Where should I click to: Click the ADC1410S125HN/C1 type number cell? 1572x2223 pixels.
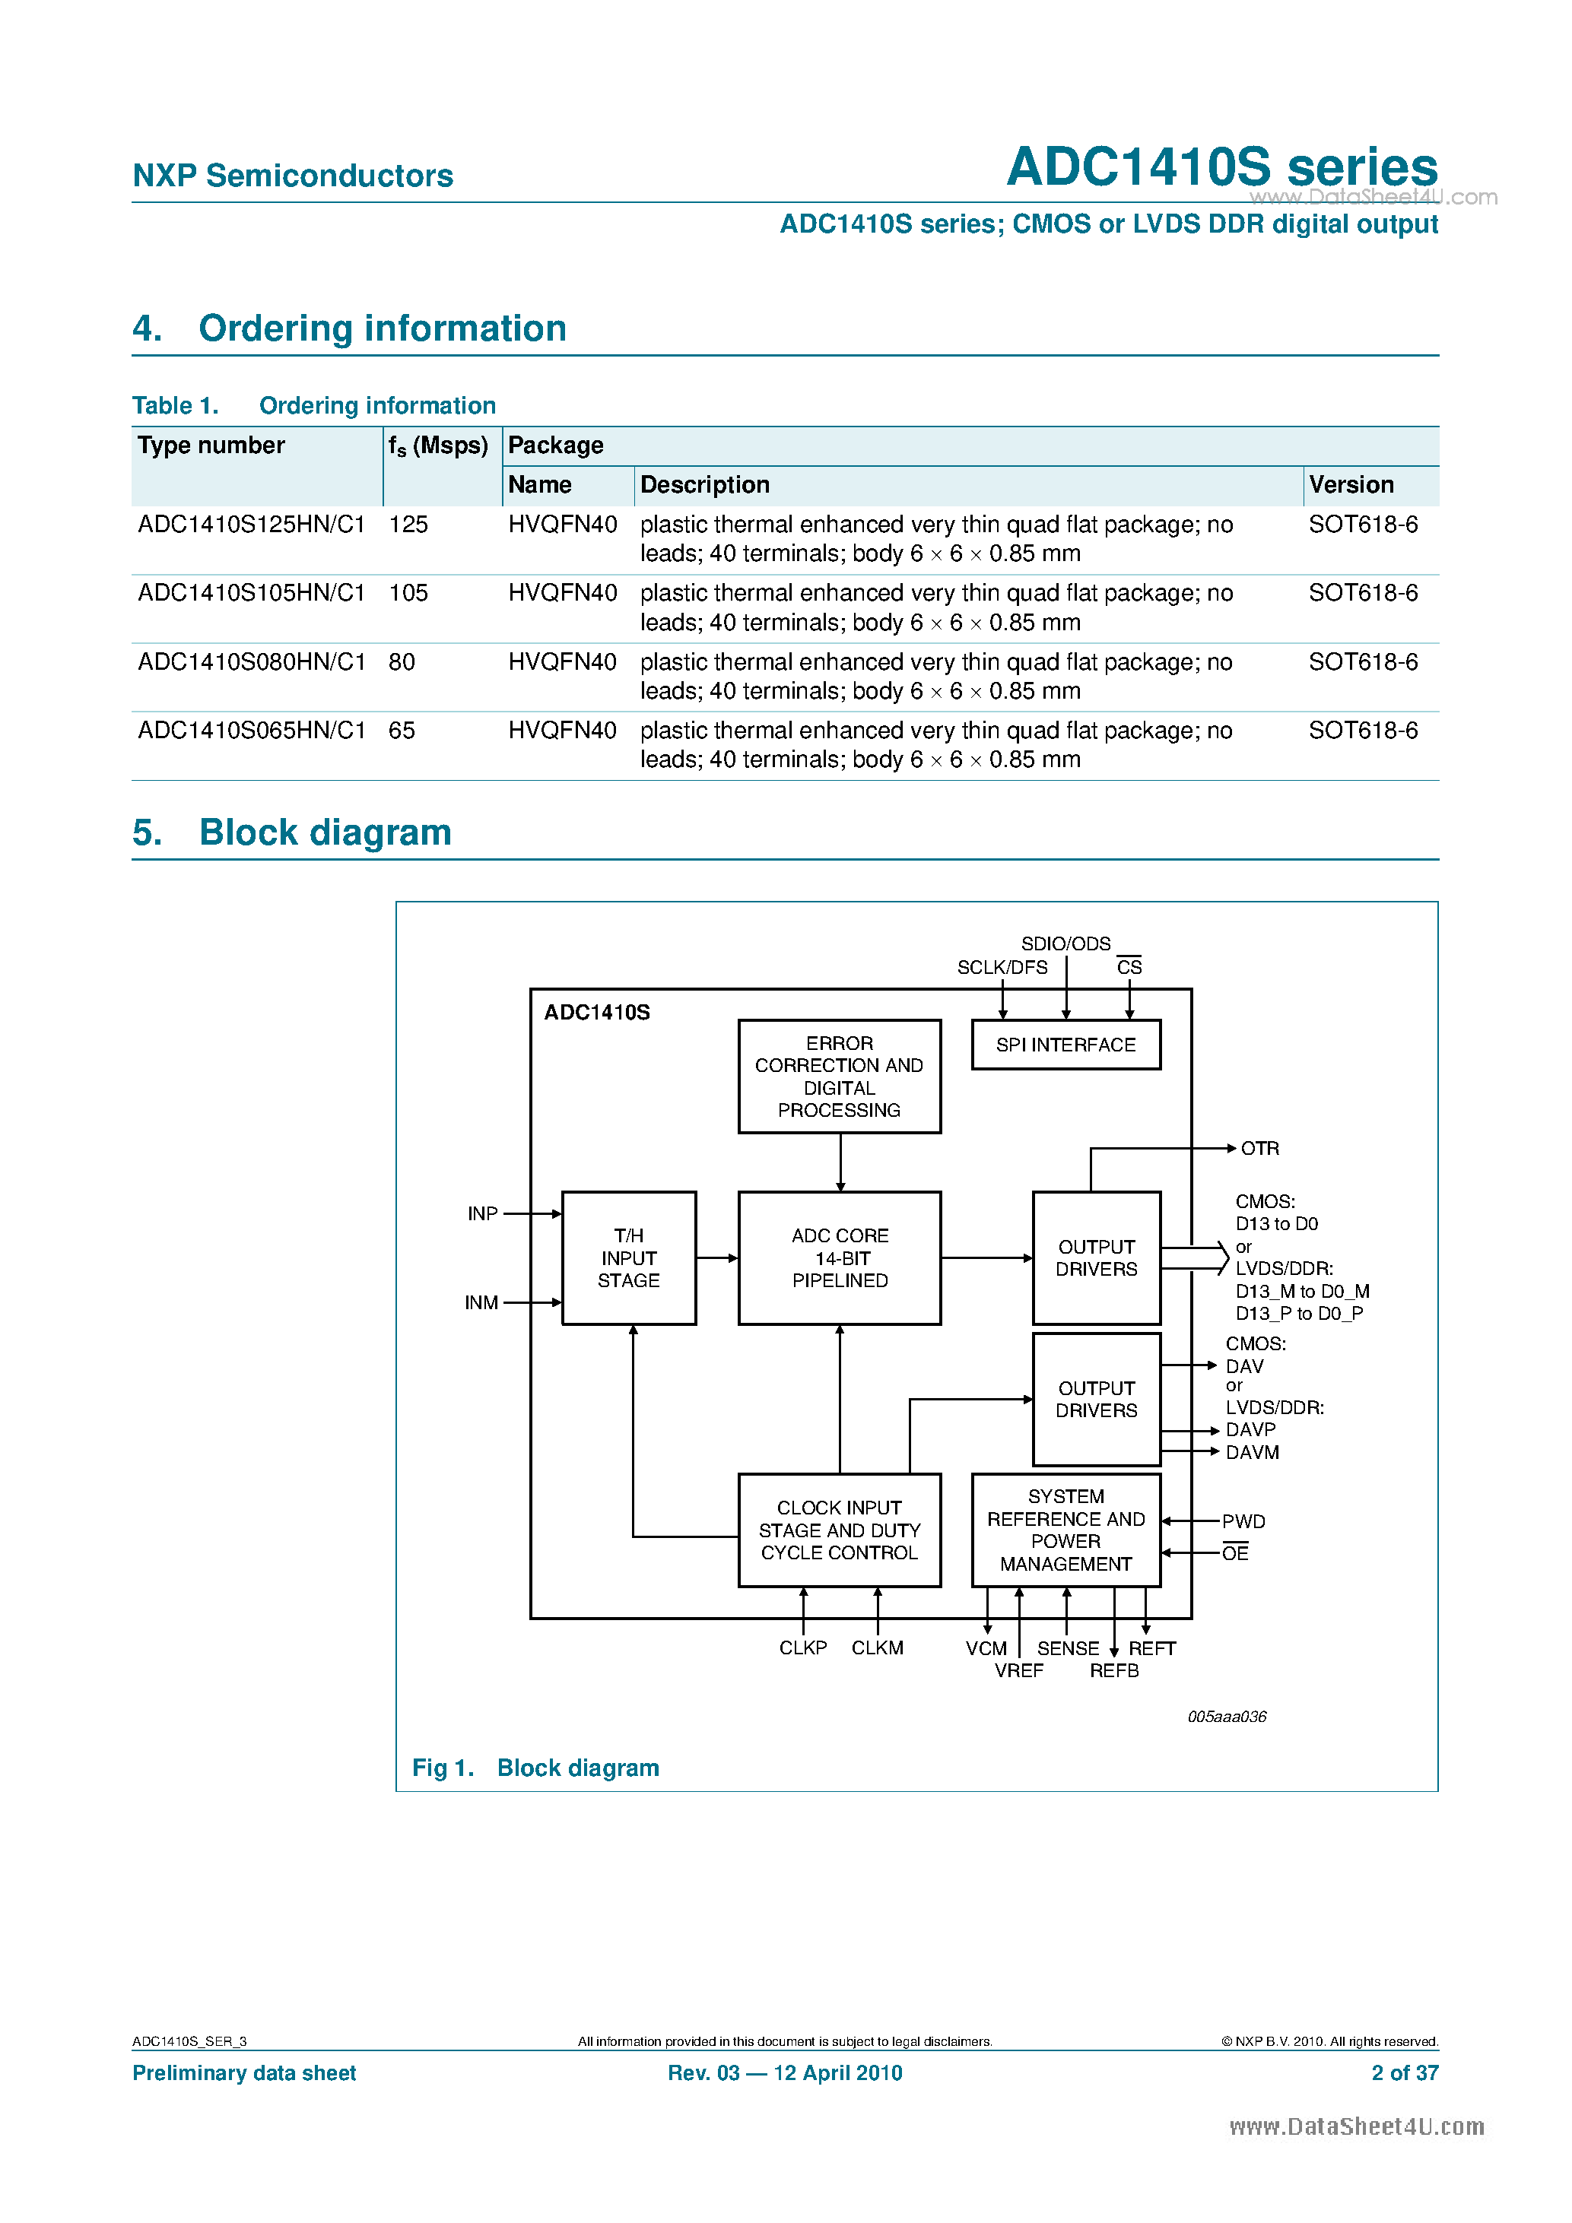point(251,525)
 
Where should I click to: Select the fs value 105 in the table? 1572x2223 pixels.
point(408,594)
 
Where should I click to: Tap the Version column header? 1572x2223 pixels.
point(1351,485)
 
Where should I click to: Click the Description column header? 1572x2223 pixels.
point(704,485)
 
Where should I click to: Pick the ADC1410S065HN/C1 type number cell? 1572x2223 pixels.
point(251,731)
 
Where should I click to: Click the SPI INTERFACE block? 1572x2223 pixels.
point(1065,1045)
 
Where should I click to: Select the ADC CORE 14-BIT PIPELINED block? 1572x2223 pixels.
point(839,1257)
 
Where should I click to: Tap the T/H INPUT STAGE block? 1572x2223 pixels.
point(629,1257)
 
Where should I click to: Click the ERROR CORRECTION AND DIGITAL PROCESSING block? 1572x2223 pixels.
point(839,1077)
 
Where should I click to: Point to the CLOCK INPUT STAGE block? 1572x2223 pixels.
point(839,1530)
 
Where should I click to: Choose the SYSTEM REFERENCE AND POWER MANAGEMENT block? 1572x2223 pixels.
point(1065,1530)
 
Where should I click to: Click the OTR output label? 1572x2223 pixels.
point(1259,1148)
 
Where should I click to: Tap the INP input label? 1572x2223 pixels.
point(482,1214)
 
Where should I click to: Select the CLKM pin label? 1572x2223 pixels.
point(877,1648)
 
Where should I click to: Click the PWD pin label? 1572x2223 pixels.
point(1243,1522)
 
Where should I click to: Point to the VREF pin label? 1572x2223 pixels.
point(1018,1671)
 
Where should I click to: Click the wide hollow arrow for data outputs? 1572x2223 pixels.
point(1196,1257)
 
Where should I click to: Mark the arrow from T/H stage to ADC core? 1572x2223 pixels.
point(716,1257)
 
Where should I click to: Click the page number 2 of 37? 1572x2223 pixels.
point(1405,2073)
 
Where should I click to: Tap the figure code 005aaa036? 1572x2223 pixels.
point(1226,1717)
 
